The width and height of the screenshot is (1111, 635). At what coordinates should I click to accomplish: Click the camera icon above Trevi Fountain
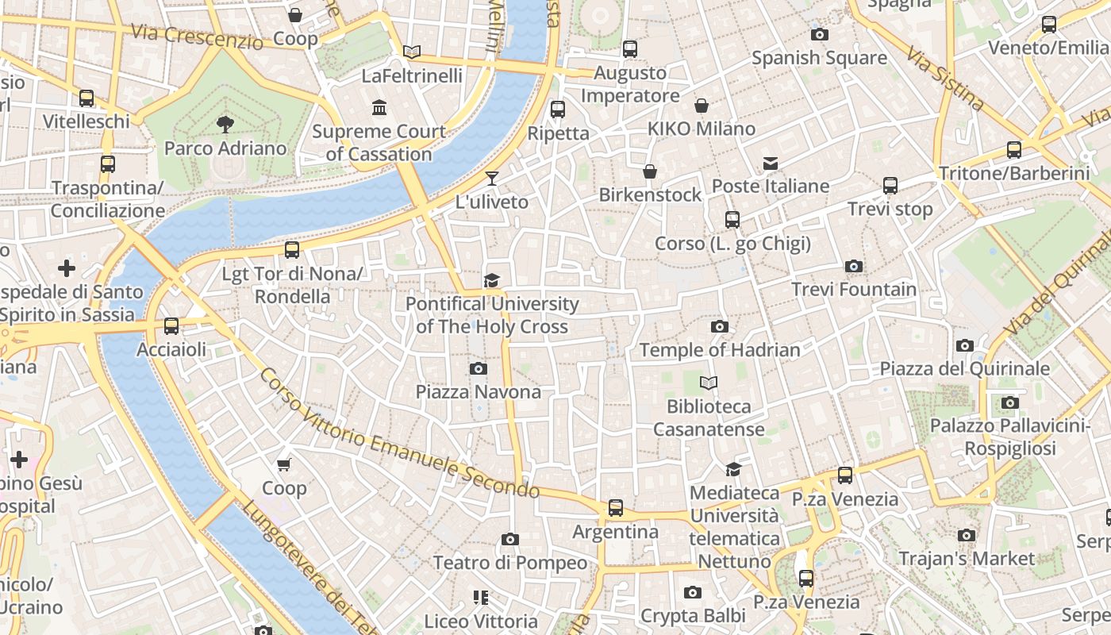point(854,266)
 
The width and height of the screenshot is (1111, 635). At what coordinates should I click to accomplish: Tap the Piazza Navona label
point(478,391)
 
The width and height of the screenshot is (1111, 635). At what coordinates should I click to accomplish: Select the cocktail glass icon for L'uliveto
point(492,178)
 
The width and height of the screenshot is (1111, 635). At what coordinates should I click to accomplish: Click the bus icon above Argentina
point(615,508)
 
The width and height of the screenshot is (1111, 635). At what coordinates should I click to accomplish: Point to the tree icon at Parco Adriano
point(225,124)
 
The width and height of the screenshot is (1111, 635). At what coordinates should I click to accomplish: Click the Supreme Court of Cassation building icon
point(379,107)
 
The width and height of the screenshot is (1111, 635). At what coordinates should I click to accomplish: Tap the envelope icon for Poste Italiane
point(770,164)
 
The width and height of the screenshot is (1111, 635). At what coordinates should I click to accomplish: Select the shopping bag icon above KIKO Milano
point(702,106)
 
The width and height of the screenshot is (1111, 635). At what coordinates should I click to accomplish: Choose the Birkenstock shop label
point(650,194)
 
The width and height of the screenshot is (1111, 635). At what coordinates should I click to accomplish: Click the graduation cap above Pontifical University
point(492,280)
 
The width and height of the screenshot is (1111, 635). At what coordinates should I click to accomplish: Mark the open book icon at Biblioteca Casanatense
point(709,383)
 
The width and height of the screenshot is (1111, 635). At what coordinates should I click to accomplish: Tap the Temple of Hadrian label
point(719,349)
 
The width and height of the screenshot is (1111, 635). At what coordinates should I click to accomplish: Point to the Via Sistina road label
point(945,80)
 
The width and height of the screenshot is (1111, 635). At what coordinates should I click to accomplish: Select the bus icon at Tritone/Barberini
point(1013,149)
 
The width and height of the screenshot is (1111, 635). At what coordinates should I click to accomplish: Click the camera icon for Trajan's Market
point(966,535)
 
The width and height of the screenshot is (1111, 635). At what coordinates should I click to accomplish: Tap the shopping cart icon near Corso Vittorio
point(284,464)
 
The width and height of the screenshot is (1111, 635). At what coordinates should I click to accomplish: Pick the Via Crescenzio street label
point(196,37)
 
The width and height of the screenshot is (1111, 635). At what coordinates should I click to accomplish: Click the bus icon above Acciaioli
point(171,326)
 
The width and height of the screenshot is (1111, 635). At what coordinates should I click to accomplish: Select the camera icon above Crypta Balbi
point(693,592)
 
